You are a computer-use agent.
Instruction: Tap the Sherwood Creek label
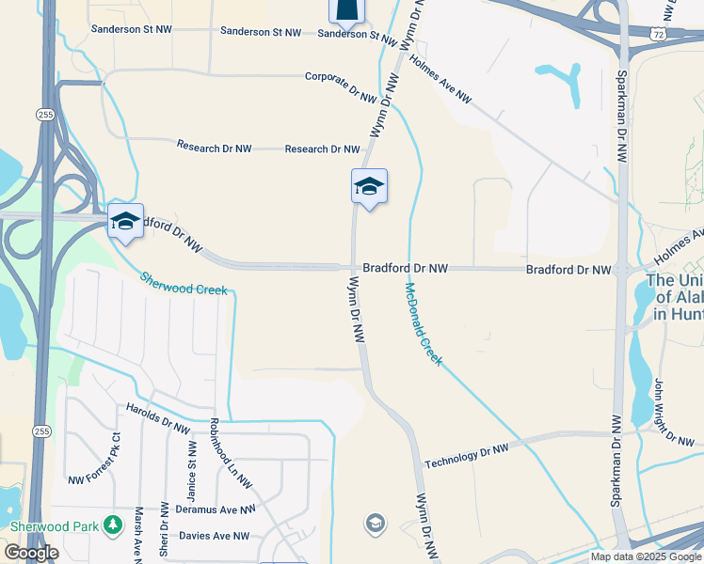click(x=184, y=283)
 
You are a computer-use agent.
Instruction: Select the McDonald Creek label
click(x=423, y=323)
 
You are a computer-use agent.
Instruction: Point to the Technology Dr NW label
click(x=466, y=456)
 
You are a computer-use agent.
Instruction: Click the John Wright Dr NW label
click(x=674, y=410)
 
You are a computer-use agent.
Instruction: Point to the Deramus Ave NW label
click(x=216, y=509)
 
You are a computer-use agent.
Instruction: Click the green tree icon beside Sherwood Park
click(x=112, y=523)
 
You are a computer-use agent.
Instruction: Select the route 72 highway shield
click(x=660, y=33)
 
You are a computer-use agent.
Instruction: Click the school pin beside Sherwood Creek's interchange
click(x=125, y=222)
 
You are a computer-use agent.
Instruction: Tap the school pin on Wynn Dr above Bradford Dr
click(x=369, y=187)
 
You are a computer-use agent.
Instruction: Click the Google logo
click(x=31, y=553)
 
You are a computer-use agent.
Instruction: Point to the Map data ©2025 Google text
click(x=645, y=556)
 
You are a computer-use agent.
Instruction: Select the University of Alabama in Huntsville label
click(x=676, y=298)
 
